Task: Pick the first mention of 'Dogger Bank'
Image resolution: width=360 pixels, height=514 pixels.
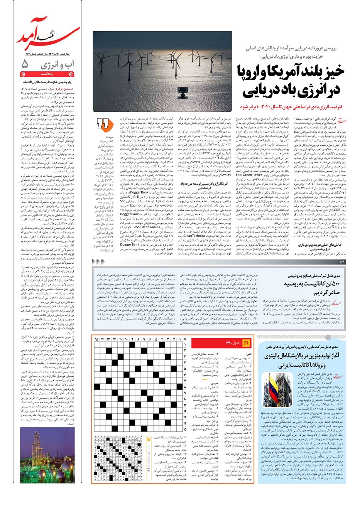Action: click(x=139, y=192)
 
